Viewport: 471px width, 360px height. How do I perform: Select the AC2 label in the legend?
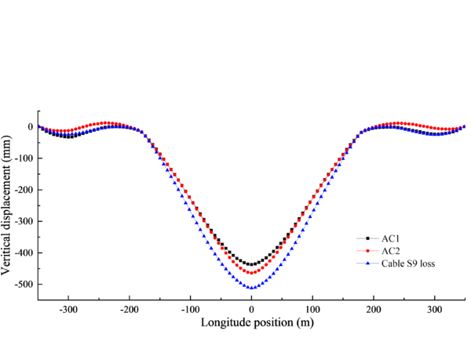[391, 250]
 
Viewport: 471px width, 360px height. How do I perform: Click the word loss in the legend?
[428, 264]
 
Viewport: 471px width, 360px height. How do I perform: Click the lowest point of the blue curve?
[251, 288]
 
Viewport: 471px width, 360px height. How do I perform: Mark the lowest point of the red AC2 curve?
[251, 273]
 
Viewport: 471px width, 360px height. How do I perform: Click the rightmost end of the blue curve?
[466, 125]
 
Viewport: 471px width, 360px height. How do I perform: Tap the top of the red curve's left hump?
[108, 123]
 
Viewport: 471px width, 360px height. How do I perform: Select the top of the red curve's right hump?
[396, 123]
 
